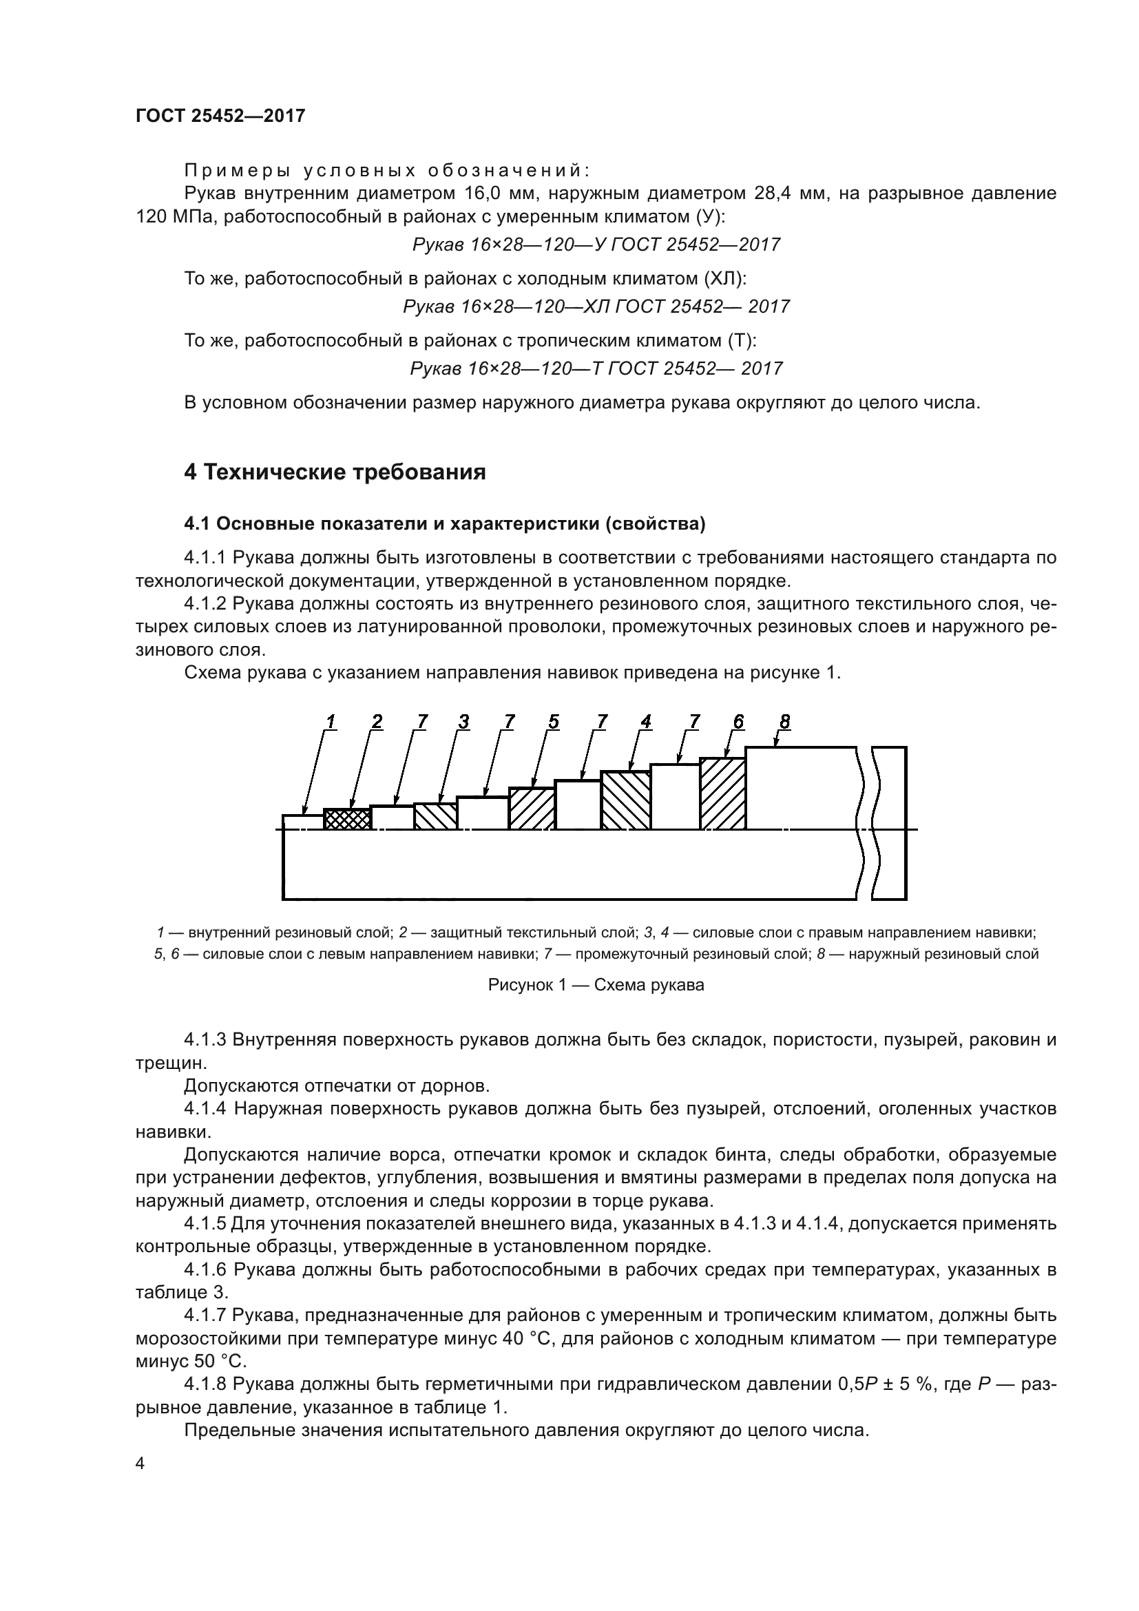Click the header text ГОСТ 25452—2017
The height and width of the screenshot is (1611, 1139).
(x=220, y=116)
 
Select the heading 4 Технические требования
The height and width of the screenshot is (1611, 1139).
(x=335, y=472)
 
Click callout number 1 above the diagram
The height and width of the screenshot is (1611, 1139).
(x=331, y=721)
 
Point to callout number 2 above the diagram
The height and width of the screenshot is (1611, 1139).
(x=377, y=721)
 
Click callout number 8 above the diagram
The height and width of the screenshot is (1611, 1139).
(x=784, y=721)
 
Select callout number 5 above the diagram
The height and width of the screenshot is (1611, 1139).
(x=554, y=721)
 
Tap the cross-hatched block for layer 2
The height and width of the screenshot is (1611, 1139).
(x=347, y=820)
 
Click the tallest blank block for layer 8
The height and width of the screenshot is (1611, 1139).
(x=800, y=788)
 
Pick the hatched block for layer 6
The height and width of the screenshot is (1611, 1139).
(x=722, y=793)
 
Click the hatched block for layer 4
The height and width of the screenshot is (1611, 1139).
(x=625, y=800)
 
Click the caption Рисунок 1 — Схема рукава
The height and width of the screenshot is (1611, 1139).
(x=596, y=985)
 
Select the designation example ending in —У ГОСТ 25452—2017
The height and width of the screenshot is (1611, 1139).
(x=596, y=245)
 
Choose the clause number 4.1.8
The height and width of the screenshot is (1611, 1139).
(x=204, y=1384)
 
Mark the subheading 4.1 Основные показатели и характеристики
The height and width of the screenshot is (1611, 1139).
(x=444, y=524)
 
